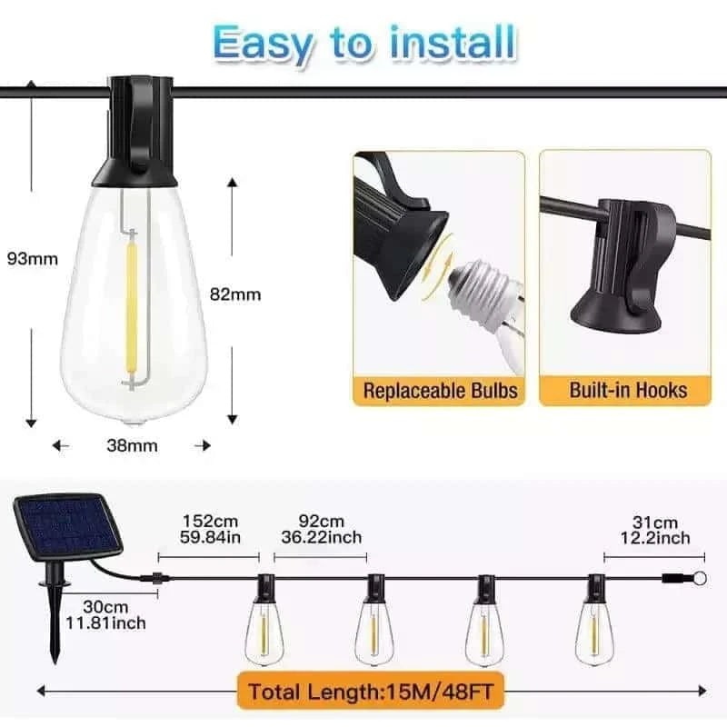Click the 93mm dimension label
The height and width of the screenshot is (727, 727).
[x=32, y=258]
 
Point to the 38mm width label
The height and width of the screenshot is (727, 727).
[x=132, y=445]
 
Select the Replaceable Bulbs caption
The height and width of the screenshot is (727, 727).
[x=440, y=391]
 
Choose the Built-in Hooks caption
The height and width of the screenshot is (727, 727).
[x=628, y=391]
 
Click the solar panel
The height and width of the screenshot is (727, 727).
[x=66, y=527]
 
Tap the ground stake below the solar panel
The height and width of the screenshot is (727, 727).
[x=57, y=627]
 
